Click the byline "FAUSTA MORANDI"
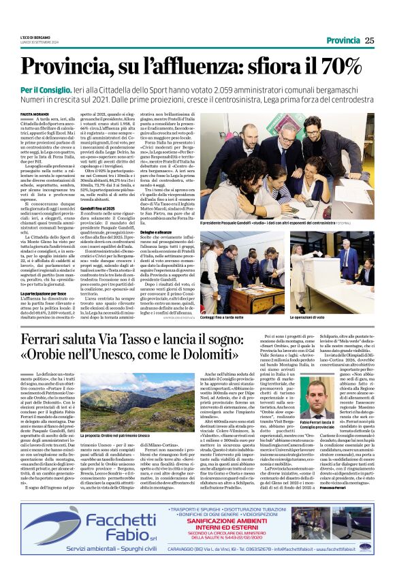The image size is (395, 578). click(x=33, y=114)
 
